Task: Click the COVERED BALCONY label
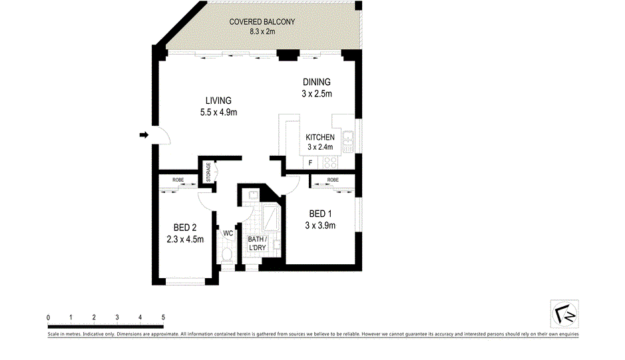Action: point(262,22)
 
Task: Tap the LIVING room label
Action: point(218,100)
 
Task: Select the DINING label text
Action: point(316,83)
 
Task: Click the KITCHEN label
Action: point(319,137)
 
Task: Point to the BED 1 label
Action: point(320,214)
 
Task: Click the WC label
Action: point(228,233)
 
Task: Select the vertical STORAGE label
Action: point(208,172)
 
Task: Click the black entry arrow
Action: point(143,135)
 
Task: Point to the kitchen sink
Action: point(347,140)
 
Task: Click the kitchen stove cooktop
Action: point(330,162)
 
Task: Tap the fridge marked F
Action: point(310,162)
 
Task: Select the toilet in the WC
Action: point(227,255)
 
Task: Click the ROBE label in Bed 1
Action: point(332,180)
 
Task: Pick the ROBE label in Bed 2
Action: point(178,180)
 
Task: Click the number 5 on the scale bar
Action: point(162,317)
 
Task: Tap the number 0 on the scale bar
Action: point(49,317)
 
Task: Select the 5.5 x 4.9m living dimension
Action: point(218,112)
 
